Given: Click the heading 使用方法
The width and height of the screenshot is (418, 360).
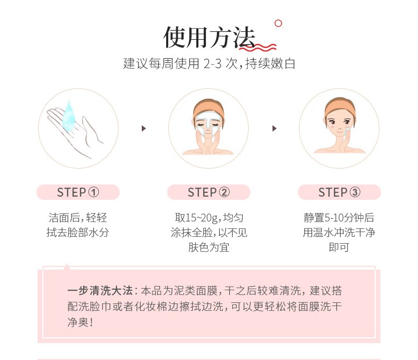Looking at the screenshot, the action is tap(210, 38).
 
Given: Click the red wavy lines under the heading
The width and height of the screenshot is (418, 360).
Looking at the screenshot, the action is tap(258, 48).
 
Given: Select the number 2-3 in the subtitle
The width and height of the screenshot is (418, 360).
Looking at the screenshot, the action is tap(213, 63).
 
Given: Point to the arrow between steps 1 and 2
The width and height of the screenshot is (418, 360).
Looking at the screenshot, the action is tap(144, 128).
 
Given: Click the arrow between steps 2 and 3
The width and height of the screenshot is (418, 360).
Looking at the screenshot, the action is tap(274, 128).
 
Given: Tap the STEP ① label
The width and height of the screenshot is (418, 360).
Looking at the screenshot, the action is tap(78, 192).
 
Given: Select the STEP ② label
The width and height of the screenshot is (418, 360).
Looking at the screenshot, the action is tap(208, 192).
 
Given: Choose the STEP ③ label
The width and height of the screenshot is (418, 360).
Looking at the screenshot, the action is tap(339, 192).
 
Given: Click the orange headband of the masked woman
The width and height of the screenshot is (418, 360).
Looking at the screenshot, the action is tap(208, 107).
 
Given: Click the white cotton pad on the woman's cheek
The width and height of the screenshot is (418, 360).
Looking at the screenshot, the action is tap(347, 131).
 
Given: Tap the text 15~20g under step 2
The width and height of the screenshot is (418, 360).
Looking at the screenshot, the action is tap(197, 218).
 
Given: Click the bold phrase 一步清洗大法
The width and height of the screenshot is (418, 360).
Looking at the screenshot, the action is tap(100, 291).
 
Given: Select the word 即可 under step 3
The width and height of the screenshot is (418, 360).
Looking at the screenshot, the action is tap(339, 247).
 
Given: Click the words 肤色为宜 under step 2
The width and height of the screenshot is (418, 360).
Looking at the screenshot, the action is tap(208, 247).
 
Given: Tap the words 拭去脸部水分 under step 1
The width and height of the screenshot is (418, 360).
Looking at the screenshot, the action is tap(78, 233).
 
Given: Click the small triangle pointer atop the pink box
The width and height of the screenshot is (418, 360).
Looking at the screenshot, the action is tap(67, 266).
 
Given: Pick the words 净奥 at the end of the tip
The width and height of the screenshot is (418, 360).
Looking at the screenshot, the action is tap(78, 322).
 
